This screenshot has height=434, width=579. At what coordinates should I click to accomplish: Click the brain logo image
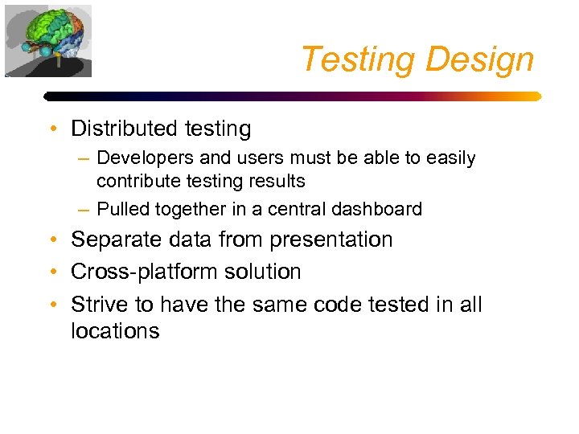point(48,40)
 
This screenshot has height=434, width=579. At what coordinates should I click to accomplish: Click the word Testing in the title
point(357,59)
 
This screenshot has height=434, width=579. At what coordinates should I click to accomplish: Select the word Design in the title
point(480,59)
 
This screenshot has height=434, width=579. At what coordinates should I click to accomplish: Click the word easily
point(450,158)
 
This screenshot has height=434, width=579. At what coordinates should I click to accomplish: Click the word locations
point(115,330)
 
